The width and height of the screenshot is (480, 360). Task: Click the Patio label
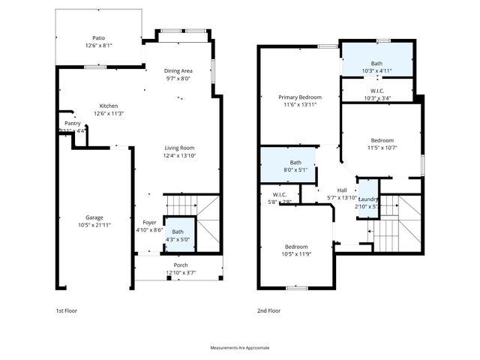click(x=98, y=37)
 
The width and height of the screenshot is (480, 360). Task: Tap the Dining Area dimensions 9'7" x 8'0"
click(x=178, y=78)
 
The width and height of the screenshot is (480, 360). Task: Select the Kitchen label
click(x=109, y=106)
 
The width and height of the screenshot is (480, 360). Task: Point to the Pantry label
click(x=72, y=123)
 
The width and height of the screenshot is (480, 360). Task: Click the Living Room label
click(x=179, y=148)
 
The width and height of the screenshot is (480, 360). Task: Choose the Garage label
click(x=94, y=217)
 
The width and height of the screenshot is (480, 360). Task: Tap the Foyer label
click(x=149, y=223)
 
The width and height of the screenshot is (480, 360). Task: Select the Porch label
click(x=181, y=265)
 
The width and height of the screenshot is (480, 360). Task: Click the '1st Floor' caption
click(x=67, y=310)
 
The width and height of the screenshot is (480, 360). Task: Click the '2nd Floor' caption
click(x=268, y=310)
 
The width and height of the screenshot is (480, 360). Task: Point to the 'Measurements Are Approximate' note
click(x=240, y=347)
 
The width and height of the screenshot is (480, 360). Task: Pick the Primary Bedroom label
click(x=300, y=97)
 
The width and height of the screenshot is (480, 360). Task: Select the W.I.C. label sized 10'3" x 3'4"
click(x=376, y=90)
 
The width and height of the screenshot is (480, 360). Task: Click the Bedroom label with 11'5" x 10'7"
click(x=382, y=139)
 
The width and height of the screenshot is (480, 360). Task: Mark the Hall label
click(x=342, y=190)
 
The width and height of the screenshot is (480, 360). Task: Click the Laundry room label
click(x=367, y=199)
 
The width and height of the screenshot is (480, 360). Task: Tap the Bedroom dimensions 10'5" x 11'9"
click(x=295, y=254)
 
